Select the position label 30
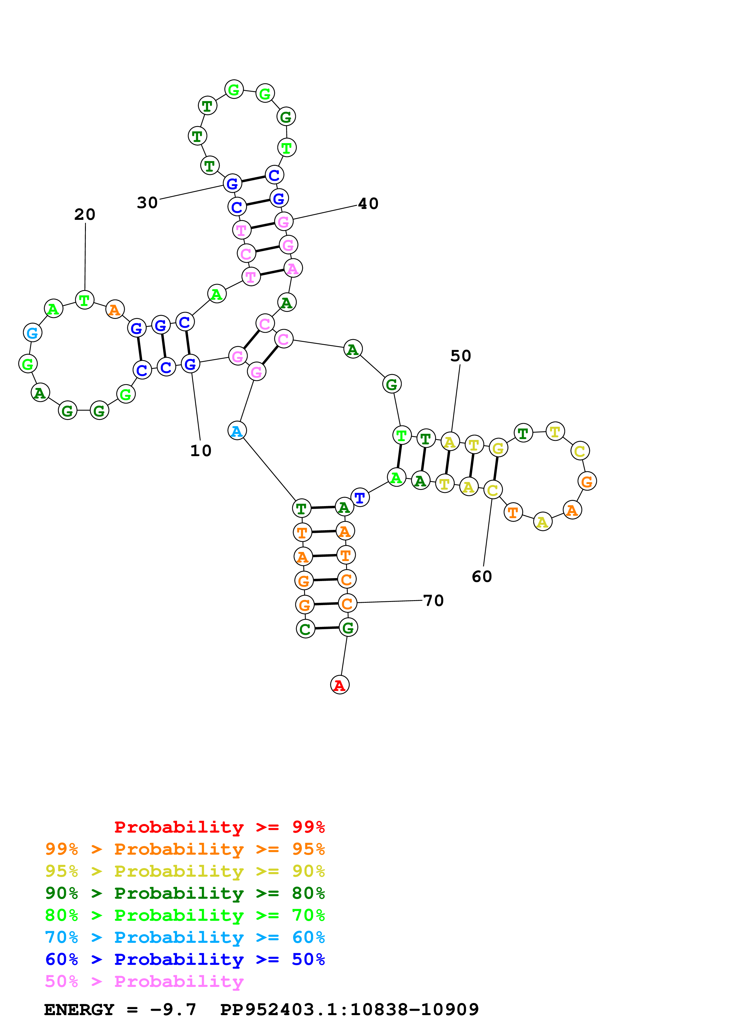pyautogui.click(x=147, y=202)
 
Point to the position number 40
pyautogui.click(x=368, y=203)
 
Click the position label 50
pyautogui.click(x=461, y=356)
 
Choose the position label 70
pyautogui.click(x=433, y=600)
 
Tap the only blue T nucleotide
pyautogui.click(x=360, y=498)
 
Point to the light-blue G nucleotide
pyautogui.click(x=32, y=333)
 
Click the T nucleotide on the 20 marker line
pyautogui.click(x=84, y=300)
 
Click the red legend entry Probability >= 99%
pyautogui.click(x=219, y=827)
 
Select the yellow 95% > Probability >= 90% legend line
pyautogui.click(x=185, y=871)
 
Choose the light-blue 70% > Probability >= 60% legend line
pyautogui.click(x=185, y=937)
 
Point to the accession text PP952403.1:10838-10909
pyautogui.click(x=349, y=1010)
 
